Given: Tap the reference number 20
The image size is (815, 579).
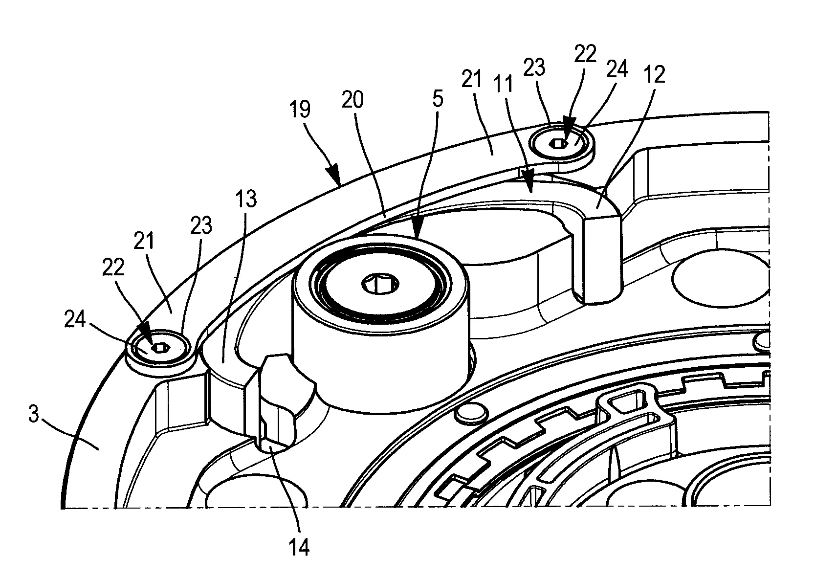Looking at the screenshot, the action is pyautogui.click(x=352, y=100).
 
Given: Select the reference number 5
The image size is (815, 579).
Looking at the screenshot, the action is pyautogui.click(x=438, y=98).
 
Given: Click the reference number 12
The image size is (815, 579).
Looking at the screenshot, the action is pyautogui.click(x=654, y=75).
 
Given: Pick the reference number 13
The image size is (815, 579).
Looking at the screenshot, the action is pyautogui.click(x=246, y=199).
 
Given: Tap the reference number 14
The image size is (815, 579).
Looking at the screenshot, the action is pyautogui.click(x=299, y=547).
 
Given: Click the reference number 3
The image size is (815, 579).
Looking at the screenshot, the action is pyautogui.click(x=34, y=414).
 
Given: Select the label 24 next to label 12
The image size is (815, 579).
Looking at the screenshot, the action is pyautogui.click(x=617, y=69).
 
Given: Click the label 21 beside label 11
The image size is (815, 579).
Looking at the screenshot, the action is pyautogui.click(x=472, y=79).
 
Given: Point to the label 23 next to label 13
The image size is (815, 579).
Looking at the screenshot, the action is pyautogui.click(x=201, y=225).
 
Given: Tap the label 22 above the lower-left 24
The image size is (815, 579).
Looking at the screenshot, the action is pyautogui.click(x=113, y=267).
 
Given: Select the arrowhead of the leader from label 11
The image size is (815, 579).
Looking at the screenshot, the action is pyautogui.click(x=528, y=181).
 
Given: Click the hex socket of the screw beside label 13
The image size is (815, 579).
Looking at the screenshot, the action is pyautogui.click(x=160, y=348).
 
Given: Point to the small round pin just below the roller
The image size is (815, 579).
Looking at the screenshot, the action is pyautogui.click(x=472, y=414).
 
